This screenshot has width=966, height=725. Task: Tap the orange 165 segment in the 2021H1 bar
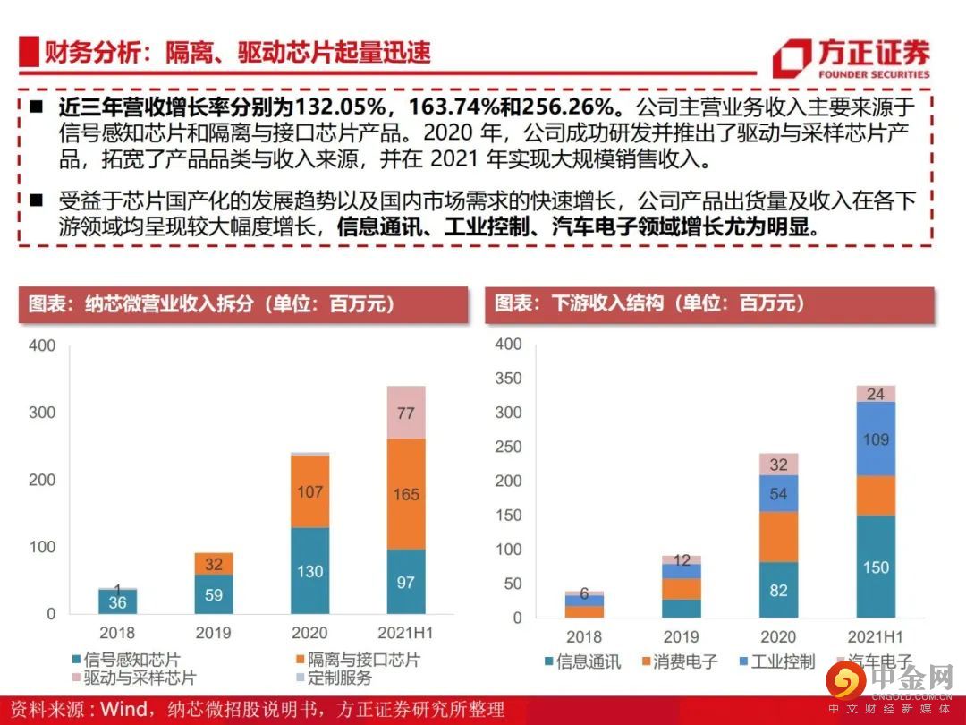406,494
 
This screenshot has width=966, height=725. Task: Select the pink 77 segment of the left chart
406,413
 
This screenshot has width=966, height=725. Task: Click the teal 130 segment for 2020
310,571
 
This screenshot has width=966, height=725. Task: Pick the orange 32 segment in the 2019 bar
215,564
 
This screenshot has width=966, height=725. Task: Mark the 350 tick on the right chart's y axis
508,379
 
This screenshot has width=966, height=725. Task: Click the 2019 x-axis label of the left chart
215,633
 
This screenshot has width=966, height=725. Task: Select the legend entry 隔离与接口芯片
357,661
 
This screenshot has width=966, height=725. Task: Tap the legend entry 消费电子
680,662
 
